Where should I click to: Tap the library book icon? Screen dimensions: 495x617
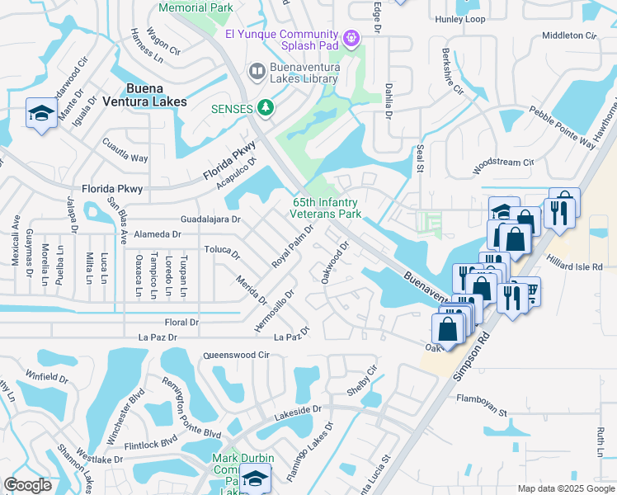pyautogui.click(x=257, y=72)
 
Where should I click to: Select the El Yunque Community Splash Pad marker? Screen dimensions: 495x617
pyautogui.click(x=352, y=37)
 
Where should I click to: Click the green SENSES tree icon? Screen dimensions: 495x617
pyautogui.click(x=265, y=107)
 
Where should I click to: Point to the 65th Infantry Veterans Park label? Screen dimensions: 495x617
pyautogui.click(x=327, y=208)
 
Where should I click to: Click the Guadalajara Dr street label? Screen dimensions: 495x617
pyautogui.click(x=211, y=220)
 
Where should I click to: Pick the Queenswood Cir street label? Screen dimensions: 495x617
pyautogui.click(x=237, y=355)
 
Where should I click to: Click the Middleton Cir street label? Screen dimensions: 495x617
pyautogui.click(x=568, y=36)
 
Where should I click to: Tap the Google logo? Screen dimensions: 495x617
pyautogui.click(x=27, y=485)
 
